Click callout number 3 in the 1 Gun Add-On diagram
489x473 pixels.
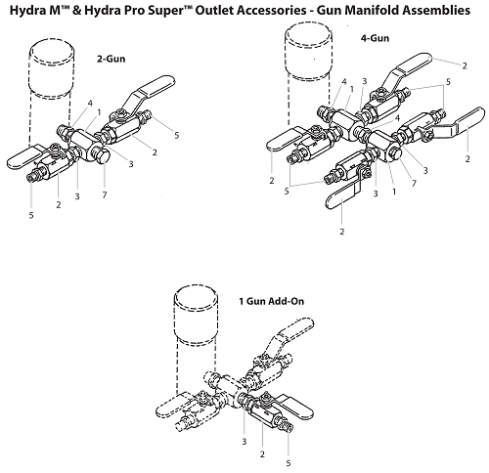tap(243, 443)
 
